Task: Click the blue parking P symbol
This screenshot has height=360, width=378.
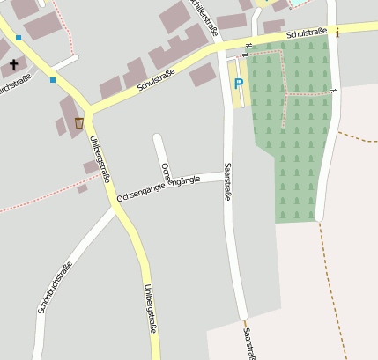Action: [x=238, y=84]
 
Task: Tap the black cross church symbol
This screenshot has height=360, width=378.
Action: [x=13, y=65]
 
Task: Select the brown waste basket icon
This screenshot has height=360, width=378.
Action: [x=79, y=122]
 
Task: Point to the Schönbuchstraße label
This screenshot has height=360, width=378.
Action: [x=55, y=288]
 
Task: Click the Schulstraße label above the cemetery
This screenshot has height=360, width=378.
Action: [x=306, y=33]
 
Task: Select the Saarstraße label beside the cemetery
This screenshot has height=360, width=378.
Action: [x=226, y=181]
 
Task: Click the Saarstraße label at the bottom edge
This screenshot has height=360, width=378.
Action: [x=249, y=344]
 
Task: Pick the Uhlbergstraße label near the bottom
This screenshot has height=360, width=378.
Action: [x=150, y=308]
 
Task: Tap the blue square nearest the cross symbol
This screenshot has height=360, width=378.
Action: [x=18, y=38]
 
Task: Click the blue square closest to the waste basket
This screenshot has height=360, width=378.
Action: [x=53, y=80]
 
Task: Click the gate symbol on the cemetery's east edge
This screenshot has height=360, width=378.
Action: [x=334, y=91]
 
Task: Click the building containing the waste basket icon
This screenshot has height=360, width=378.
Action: [x=70, y=115]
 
